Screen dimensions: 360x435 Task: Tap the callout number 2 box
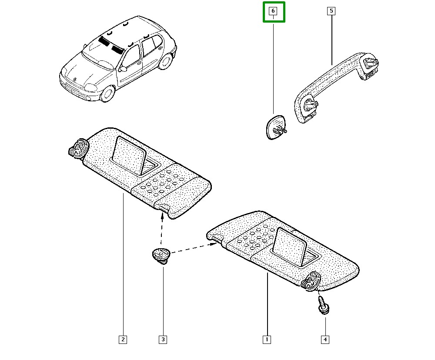point(123,339)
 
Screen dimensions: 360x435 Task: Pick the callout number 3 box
point(163,339)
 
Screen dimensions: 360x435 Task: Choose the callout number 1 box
point(267,339)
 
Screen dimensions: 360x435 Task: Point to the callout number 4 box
point(325,339)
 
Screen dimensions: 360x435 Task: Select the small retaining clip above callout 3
point(161,255)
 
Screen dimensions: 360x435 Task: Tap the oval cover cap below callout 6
point(275,127)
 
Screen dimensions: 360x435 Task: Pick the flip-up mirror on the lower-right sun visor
point(291,245)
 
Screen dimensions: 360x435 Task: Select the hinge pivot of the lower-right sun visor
point(311,280)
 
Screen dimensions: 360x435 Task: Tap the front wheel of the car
point(107,93)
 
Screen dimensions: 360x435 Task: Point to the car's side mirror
point(123,69)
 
